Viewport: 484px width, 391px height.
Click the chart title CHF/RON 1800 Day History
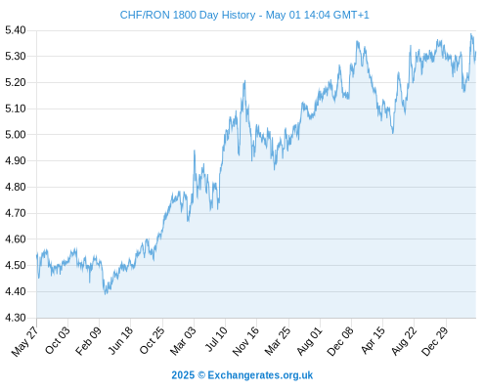tap(188, 15)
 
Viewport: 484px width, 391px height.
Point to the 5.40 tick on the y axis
tap(16, 30)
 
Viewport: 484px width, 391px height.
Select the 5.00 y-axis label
tap(16, 135)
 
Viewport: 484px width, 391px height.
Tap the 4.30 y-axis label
tap(16, 318)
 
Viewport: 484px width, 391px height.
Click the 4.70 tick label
tap(16, 213)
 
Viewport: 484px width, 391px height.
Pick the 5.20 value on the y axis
tap(16, 82)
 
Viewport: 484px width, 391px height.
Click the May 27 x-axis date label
tap(24, 341)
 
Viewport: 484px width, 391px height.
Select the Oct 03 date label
tap(57, 340)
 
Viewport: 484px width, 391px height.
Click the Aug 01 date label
tap(310, 340)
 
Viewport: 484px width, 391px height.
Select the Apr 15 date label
tap(373, 340)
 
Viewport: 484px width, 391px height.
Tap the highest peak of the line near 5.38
tap(471, 34)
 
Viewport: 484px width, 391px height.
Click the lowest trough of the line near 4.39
tap(105, 294)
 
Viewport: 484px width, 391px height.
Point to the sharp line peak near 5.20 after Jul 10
tap(244, 81)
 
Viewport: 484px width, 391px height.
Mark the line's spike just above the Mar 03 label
tap(195, 151)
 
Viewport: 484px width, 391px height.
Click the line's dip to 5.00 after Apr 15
tap(393, 133)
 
